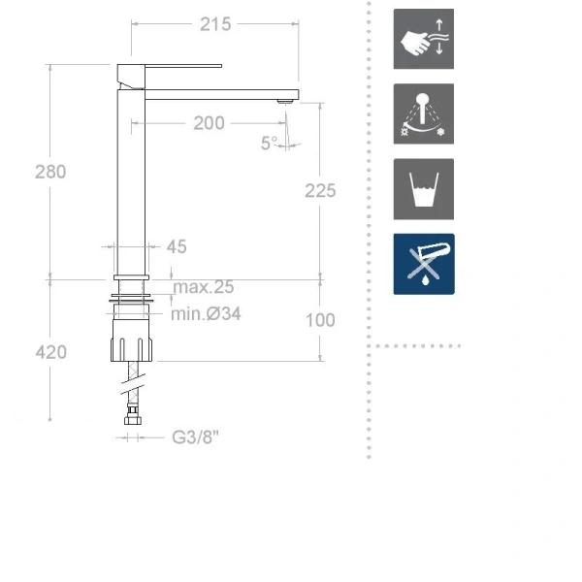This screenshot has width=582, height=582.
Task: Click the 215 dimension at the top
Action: coord(215,24)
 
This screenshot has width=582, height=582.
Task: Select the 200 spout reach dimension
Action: coord(209,123)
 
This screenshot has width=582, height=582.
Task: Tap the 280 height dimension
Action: coord(50,172)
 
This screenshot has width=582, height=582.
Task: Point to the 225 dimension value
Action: coord(319,191)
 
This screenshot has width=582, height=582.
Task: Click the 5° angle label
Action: coord(269,143)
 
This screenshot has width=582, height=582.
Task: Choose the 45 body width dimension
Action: coord(177,247)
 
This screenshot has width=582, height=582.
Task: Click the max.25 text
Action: coord(203,287)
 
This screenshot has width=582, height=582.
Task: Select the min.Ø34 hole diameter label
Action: coord(206,313)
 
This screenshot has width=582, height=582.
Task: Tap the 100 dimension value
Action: coord(319,320)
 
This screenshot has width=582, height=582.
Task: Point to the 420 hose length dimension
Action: coord(50,351)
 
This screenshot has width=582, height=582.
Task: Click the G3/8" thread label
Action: coord(196,437)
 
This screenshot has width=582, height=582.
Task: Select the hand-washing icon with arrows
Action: coord(423,40)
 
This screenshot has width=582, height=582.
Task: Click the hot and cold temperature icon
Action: coord(423,113)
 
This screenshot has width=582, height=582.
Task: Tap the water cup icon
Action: coord(423,189)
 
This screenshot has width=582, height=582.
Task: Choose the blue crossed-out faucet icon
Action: coord(423,264)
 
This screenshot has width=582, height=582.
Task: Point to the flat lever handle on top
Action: coord(170,66)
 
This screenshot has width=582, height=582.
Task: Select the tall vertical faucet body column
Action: coord(131,184)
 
